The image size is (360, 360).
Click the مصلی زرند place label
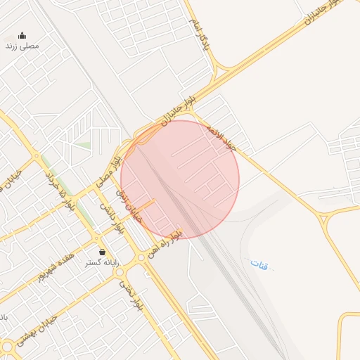pyautogui.click(x=22, y=46)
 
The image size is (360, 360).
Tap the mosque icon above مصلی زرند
pyautogui.click(x=22, y=35)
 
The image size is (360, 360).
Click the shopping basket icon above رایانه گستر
pyautogui.click(x=102, y=251)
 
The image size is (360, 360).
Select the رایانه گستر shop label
pyautogui.click(x=103, y=262)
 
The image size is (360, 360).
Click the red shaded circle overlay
pyautogui.click(x=180, y=179)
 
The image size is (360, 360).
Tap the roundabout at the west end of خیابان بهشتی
pyautogui.click(x=8, y=347)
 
